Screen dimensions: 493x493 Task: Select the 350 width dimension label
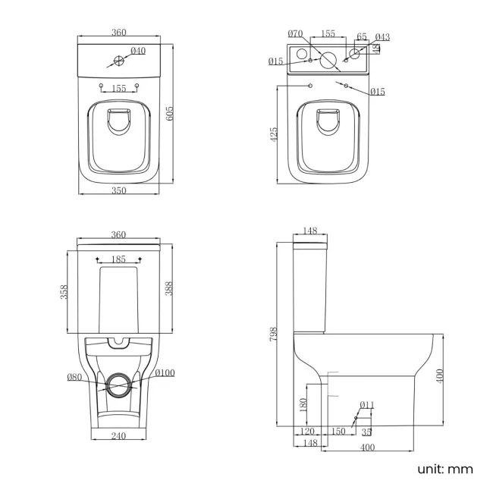pos(118,191)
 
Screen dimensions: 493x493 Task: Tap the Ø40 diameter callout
pos(138,51)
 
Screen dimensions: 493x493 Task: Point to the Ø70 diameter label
pos(296,33)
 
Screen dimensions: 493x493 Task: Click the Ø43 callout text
pos(382,37)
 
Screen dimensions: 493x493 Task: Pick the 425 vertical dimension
pos(274,133)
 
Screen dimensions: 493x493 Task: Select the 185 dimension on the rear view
pos(118,259)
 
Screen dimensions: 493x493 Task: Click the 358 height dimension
pos(65,291)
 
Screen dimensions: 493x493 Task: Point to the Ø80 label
pos(74,377)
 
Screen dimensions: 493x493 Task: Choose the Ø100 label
pos(165,372)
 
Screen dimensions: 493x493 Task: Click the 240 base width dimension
pos(118,436)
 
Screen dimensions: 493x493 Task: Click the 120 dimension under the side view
pos(307,431)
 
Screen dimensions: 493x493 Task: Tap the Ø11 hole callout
pos(367,404)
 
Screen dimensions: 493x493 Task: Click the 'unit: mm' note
pos(444,469)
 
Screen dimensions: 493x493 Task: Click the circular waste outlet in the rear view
pos(118,385)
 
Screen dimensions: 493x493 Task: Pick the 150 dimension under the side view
pos(338,431)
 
